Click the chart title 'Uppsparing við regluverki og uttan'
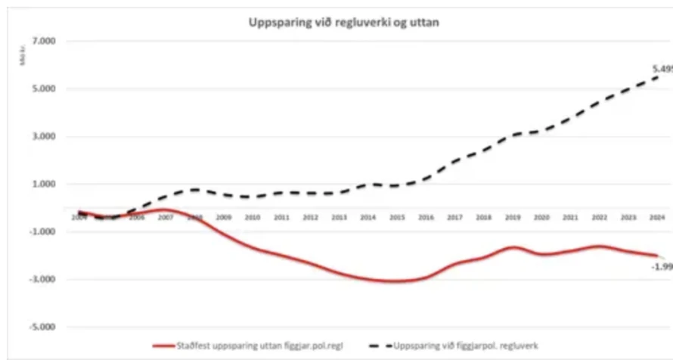click(344, 22)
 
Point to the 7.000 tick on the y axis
click(33, 41)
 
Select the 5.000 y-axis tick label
click(33, 88)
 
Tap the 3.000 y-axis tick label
click(33, 137)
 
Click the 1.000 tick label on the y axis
click(33, 184)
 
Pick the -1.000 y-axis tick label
click(32, 232)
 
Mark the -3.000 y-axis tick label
click(32, 280)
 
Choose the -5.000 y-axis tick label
click(32, 327)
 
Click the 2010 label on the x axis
click(253, 218)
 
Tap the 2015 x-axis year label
click(397, 218)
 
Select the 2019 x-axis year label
click(513, 218)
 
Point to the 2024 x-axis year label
click(657, 218)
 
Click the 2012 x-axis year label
click(310, 218)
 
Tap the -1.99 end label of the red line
click(662, 267)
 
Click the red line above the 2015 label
click(397, 281)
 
